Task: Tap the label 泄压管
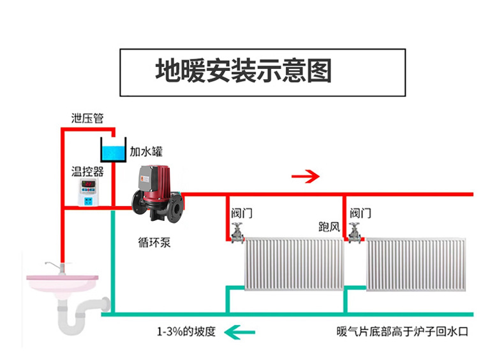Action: (x=87, y=119)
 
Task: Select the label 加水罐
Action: (x=146, y=152)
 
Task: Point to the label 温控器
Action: (x=87, y=171)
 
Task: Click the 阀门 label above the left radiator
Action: (x=242, y=214)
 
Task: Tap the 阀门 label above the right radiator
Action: (x=360, y=213)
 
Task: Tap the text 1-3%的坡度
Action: (x=187, y=332)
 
